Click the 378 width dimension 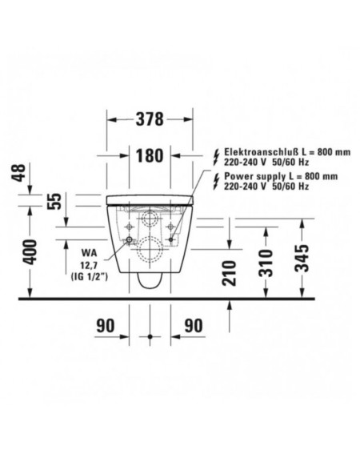pos(150,119)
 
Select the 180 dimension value pos(150,156)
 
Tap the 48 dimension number pos(19,173)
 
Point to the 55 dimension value pos(54,201)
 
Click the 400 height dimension pos(30,251)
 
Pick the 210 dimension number pos(230,273)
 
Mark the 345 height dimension pos(302,259)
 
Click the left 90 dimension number pos(106,326)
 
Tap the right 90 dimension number pos(194,326)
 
